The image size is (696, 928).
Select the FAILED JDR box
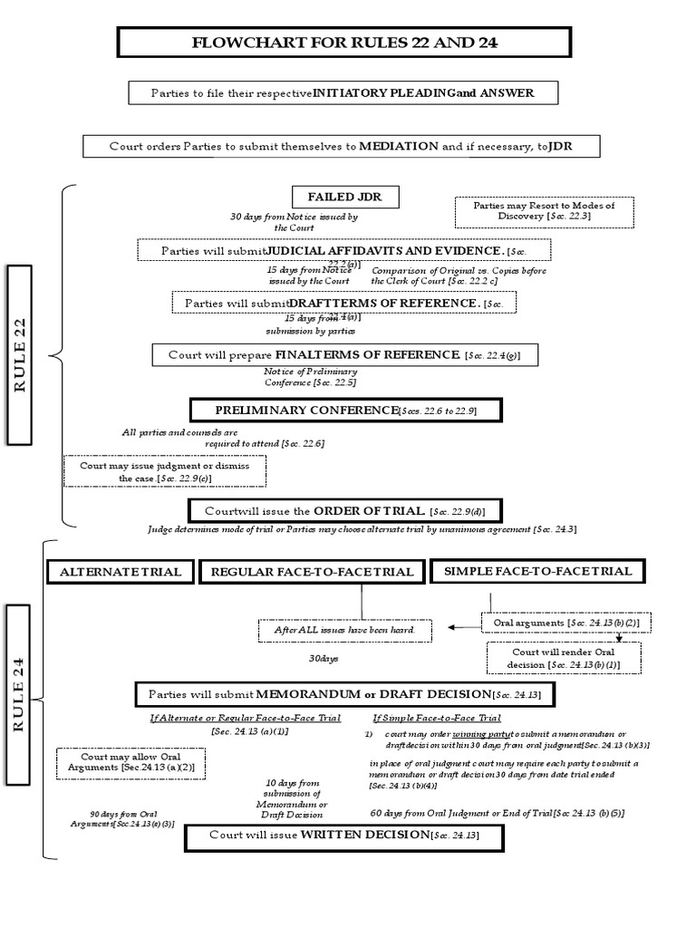click(345, 198)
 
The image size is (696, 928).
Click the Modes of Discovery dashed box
click(544, 212)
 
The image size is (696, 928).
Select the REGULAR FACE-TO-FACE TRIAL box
click(312, 572)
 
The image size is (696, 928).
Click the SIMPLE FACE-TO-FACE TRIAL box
click(538, 571)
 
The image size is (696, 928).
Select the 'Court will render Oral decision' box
click(563, 658)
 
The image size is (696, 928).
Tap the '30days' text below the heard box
click(323, 659)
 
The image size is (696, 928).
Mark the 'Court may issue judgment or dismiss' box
click(165, 470)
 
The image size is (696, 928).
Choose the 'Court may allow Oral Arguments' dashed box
click(130, 761)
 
